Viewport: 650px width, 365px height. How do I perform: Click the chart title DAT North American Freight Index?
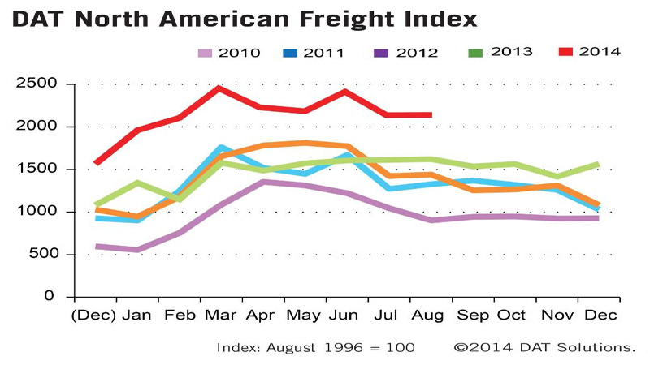point(245,19)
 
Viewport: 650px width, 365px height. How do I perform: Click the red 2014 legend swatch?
point(566,53)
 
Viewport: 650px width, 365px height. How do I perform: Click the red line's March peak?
point(219,88)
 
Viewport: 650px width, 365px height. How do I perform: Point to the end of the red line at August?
point(431,115)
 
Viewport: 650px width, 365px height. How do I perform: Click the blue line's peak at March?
point(220,148)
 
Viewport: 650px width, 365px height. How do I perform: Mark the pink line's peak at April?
point(262,182)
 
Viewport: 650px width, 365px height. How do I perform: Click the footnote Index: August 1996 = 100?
point(316,347)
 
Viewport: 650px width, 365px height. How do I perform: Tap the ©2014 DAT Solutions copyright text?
point(544,347)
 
